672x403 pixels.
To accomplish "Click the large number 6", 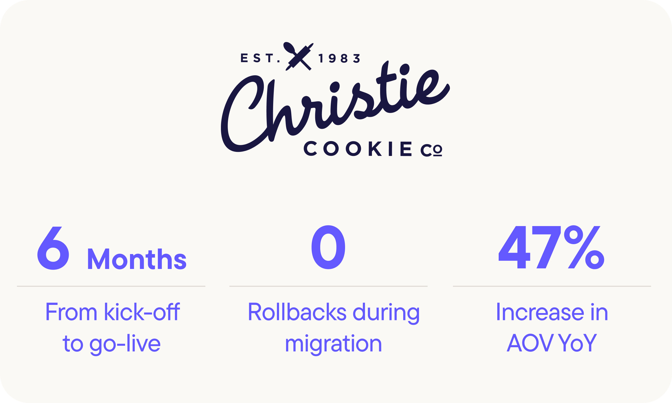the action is [53, 248].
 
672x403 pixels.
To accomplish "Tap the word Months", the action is [137, 259].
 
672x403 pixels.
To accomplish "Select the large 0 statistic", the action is [328, 247].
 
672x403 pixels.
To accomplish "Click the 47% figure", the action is [551, 247].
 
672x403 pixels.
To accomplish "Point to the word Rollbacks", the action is [297, 312].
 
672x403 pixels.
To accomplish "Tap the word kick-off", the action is [142, 312].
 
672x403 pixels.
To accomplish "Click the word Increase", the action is [540, 312].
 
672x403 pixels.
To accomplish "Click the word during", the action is [386, 313].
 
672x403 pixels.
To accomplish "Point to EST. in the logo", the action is [260, 58].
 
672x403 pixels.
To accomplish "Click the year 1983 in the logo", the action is [339, 58].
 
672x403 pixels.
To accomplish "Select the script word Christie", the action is [335, 107].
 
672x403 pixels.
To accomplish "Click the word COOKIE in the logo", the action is [358, 149].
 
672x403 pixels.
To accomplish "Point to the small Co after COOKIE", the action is [431, 150].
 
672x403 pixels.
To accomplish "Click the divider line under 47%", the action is [552, 286].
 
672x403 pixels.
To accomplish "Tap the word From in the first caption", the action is [71, 312].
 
